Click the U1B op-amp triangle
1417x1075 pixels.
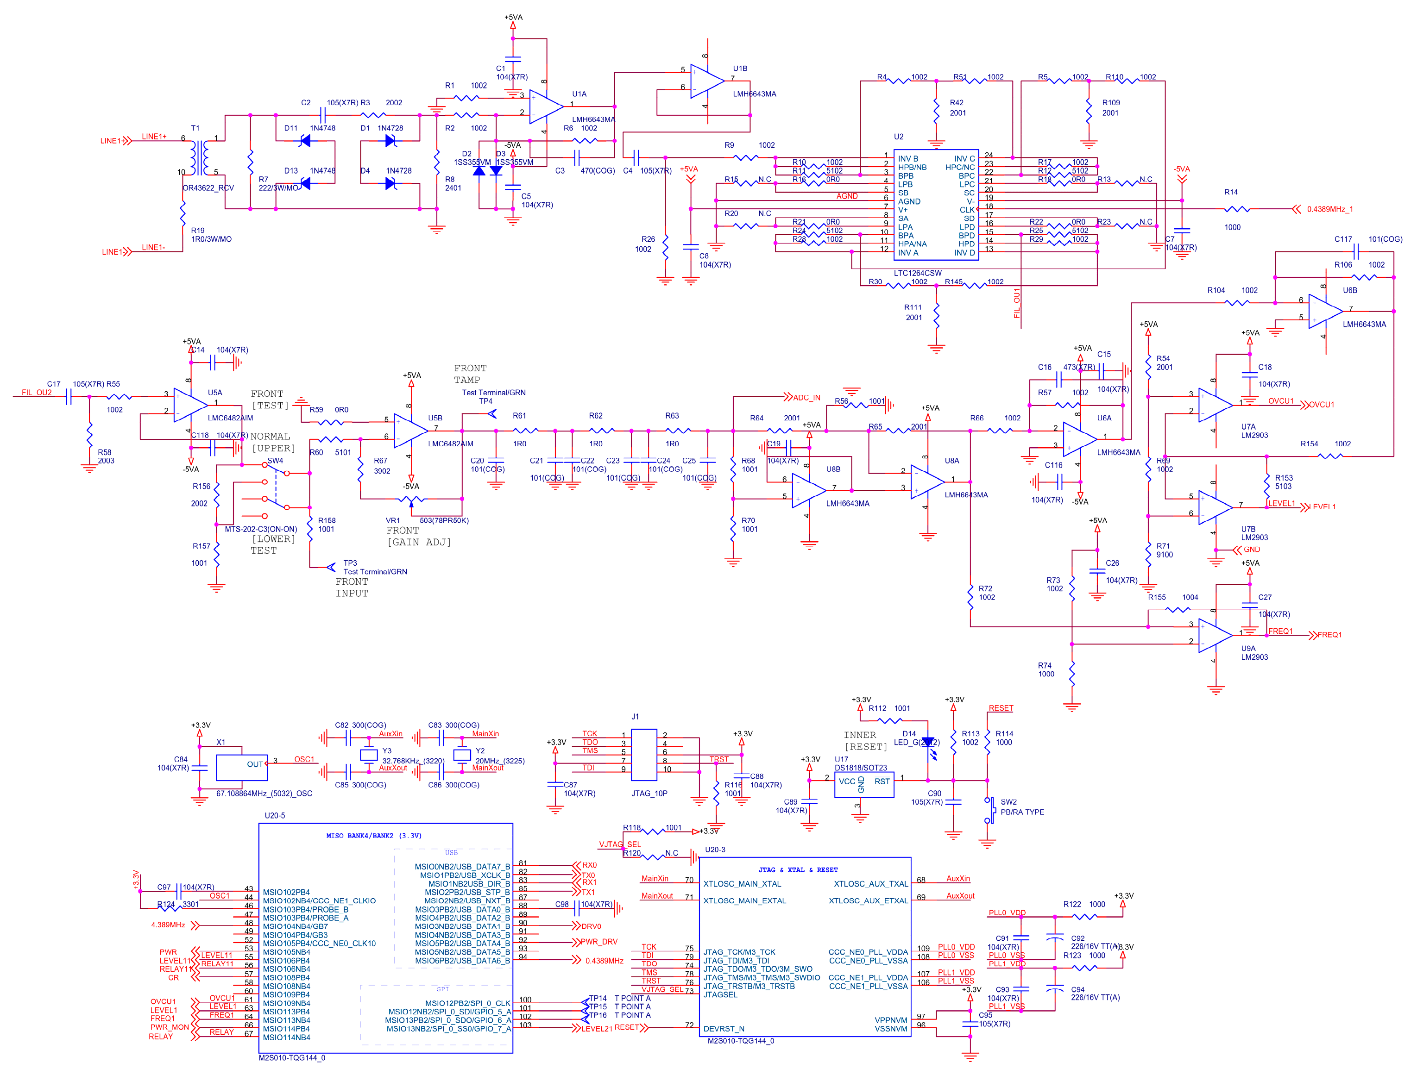tap(705, 81)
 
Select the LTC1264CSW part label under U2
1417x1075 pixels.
tap(917, 273)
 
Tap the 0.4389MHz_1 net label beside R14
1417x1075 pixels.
tap(1329, 209)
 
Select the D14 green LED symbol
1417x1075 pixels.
tap(927, 743)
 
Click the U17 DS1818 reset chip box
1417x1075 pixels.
tap(863, 784)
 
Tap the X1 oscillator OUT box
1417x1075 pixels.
tap(241, 767)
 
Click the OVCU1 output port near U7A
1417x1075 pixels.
tap(1321, 405)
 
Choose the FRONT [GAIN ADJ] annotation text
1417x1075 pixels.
tap(418, 537)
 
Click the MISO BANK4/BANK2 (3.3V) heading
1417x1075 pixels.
tap(373, 836)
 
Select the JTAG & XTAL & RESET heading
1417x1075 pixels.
tap(798, 869)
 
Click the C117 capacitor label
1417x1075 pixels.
tap(1343, 239)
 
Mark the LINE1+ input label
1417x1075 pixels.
tap(154, 137)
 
